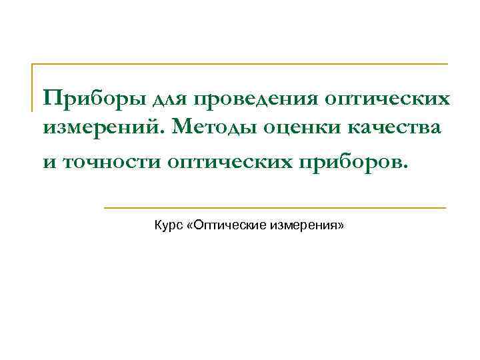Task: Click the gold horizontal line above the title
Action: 240,65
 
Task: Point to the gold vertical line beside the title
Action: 33,87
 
